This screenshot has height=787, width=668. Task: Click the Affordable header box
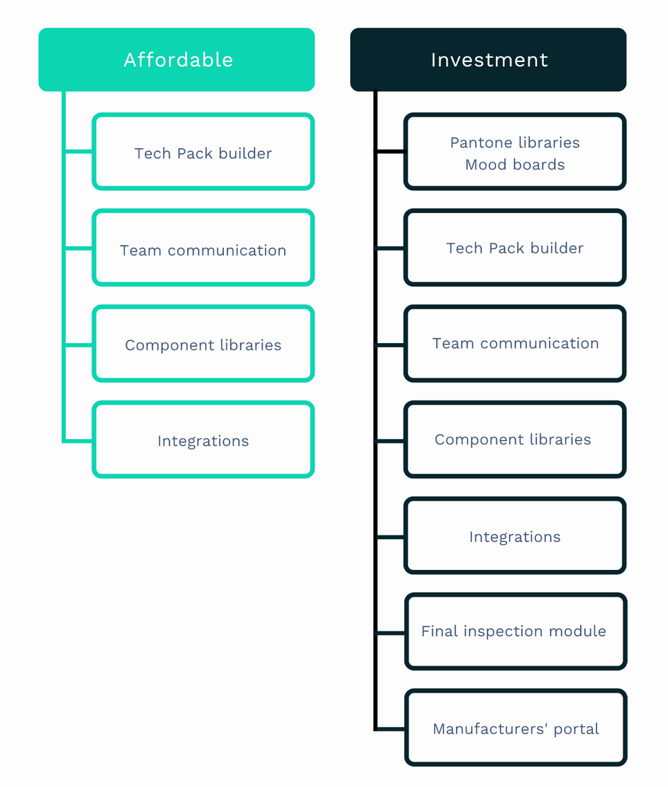pos(176,59)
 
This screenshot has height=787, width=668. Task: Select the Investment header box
pos(488,59)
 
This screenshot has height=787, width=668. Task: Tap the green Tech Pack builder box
pos(203,152)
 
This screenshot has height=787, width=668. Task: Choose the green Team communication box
pos(203,248)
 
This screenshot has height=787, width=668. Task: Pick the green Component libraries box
pos(203,344)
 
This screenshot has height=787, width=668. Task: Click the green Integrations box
pos(203,441)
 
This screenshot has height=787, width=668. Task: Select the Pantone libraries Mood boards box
pos(515,152)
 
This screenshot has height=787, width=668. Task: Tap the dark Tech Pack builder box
pos(515,248)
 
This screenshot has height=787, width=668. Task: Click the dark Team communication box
pos(515,344)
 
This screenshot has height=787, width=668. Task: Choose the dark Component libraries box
pos(515,440)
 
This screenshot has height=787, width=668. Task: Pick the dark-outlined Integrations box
pos(515,536)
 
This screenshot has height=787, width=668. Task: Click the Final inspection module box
pos(515,631)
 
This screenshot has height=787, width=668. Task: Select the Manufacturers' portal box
pos(515,728)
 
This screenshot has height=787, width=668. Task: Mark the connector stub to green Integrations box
pos(79,441)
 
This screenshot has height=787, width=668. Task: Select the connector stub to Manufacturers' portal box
pos(391,728)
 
